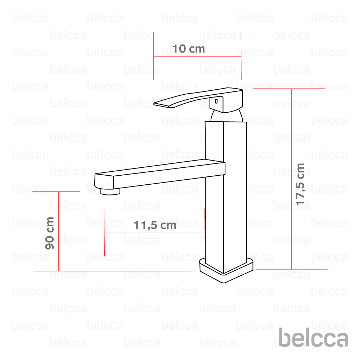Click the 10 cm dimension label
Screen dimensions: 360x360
189,49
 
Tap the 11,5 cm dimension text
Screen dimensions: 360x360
155,225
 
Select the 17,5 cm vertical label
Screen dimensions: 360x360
300,184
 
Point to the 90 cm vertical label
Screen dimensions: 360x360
50,233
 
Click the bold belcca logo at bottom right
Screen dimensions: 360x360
314,337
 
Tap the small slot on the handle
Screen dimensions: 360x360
216,101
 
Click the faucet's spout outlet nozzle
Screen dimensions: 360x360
110,192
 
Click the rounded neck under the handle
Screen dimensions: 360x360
226,116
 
